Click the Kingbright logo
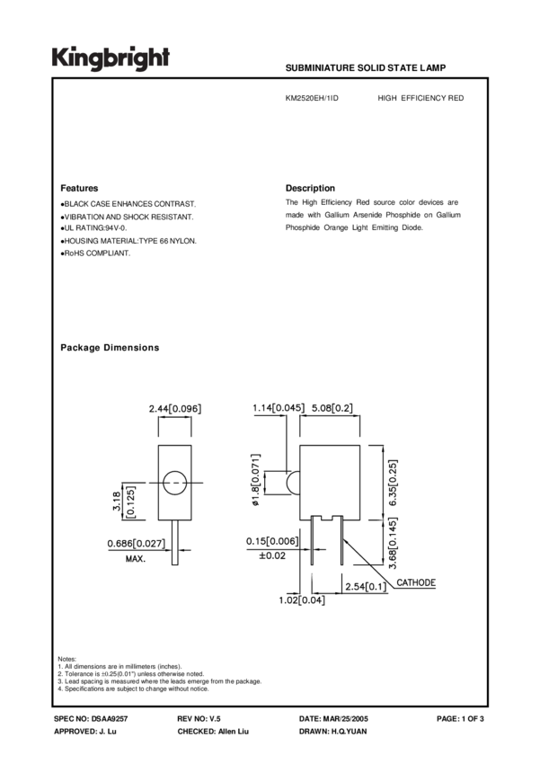(x=110, y=58)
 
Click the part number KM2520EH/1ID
(x=312, y=98)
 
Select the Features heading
(x=79, y=188)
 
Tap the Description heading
(x=310, y=188)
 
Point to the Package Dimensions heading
(x=110, y=348)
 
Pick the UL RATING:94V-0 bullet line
(x=93, y=229)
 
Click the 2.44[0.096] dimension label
(x=175, y=409)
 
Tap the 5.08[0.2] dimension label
(x=331, y=409)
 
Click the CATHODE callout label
(x=416, y=583)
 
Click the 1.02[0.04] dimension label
(x=301, y=600)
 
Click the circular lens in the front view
(x=175, y=482)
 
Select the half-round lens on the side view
(x=291, y=483)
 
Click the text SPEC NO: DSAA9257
(x=92, y=720)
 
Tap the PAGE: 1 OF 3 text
(x=460, y=720)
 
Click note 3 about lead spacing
(x=159, y=681)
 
